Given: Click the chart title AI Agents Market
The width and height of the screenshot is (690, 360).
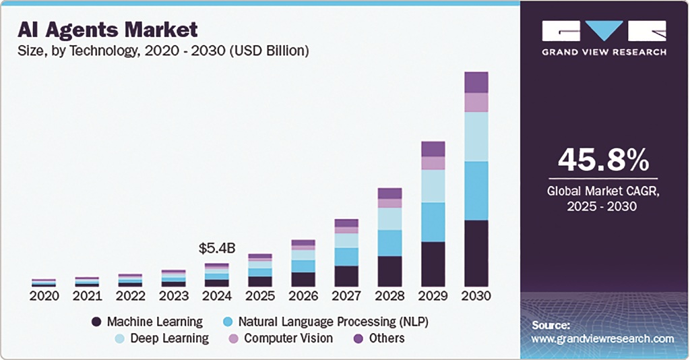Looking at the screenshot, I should (x=108, y=30).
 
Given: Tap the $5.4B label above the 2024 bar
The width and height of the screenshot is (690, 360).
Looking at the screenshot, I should (x=216, y=249).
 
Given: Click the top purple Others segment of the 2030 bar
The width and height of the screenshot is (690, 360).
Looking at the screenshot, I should (x=476, y=82).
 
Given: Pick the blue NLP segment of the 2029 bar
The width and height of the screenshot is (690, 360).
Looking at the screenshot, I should (x=433, y=222).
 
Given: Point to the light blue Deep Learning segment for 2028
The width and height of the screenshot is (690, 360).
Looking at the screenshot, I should (x=390, y=218).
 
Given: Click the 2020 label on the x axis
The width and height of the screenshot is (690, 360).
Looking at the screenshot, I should (x=44, y=296).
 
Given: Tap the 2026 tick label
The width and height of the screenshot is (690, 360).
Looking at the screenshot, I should (x=303, y=296).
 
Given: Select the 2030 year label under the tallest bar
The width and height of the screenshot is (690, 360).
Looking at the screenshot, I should (x=476, y=296).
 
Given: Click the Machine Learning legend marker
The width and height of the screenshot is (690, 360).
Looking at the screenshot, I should (x=96, y=322).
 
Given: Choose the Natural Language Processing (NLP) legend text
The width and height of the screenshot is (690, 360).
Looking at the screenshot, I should (x=334, y=322).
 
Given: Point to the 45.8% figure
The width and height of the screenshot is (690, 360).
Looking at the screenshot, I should (x=604, y=160).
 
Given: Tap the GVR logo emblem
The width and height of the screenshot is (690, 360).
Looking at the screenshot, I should (x=604, y=31).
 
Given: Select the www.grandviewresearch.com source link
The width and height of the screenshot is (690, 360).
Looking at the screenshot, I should (x=602, y=338).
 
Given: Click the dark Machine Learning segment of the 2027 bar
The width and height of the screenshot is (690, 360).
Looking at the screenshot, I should (x=346, y=276).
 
